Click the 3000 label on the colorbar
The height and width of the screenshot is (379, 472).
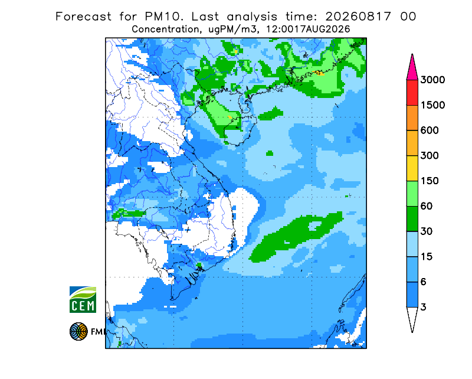(432, 80)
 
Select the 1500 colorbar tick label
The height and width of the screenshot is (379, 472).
(432, 105)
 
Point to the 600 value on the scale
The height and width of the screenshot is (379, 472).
(430, 130)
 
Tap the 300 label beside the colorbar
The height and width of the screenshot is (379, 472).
(430, 156)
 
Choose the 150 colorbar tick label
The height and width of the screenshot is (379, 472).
(430, 181)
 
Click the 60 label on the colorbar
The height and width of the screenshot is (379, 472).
(427, 207)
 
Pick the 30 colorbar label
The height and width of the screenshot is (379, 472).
(427, 231)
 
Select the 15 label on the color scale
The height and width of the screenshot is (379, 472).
(427, 257)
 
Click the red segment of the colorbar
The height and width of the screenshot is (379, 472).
(412, 93)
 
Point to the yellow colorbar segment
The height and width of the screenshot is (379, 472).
(412, 168)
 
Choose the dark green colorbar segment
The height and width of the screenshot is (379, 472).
(412, 219)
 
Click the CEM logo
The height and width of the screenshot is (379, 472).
(83, 299)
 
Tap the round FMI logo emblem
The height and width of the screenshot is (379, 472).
(78, 331)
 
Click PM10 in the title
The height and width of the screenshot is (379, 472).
(163, 17)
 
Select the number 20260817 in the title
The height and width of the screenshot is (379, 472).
(358, 17)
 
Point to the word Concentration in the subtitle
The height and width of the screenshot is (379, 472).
(165, 30)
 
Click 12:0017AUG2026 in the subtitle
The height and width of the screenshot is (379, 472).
(308, 30)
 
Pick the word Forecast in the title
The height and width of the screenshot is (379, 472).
(83, 17)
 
